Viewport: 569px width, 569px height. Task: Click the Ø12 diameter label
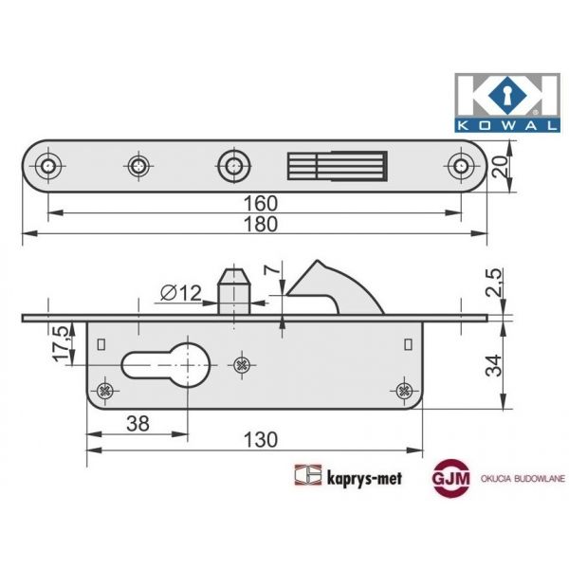tap(179, 293)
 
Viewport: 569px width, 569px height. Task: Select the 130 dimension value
tap(254, 439)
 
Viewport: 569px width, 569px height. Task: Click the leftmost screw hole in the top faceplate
tap(49, 166)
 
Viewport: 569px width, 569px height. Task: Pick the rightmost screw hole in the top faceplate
tap(462, 166)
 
